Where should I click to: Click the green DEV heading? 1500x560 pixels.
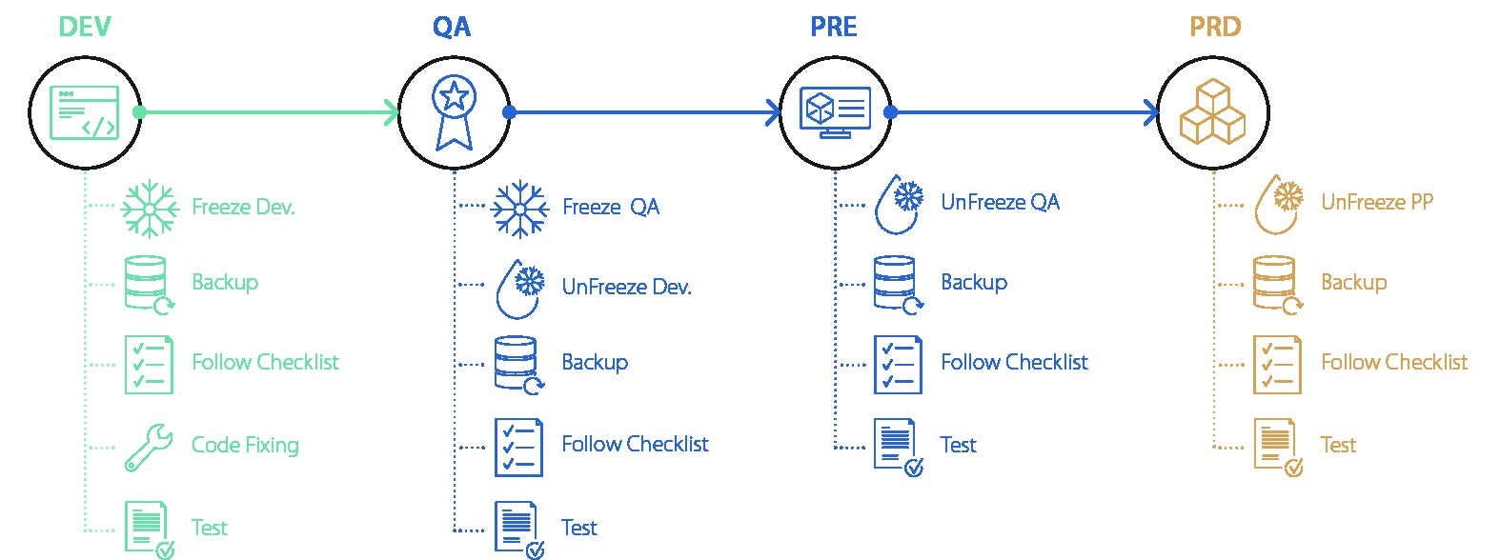click(x=85, y=26)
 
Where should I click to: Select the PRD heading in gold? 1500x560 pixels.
click(x=1215, y=26)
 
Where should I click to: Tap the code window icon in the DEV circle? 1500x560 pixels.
click(x=85, y=112)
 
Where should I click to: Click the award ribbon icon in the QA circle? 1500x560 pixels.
click(x=454, y=112)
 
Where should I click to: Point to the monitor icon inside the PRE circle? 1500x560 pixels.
click(x=835, y=112)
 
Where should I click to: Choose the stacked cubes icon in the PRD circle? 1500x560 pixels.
click(x=1212, y=112)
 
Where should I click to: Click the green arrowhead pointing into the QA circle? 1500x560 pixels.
click(x=391, y=112)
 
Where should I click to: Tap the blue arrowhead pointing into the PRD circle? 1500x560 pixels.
click(x=1150, y=112)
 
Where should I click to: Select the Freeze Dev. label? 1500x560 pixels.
click(x=243, y=207)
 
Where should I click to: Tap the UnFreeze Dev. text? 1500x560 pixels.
click(x=626, y=287)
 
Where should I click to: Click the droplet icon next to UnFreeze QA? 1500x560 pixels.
click(x=899, y=203)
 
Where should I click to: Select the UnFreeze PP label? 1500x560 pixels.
click(x=1376, y=202)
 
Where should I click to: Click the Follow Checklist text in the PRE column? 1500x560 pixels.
click(x=1014, y=362)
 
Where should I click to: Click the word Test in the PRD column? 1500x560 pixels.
click(x=1338, y=445)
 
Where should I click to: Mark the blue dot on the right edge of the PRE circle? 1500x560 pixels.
click(x=890, y=112)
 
